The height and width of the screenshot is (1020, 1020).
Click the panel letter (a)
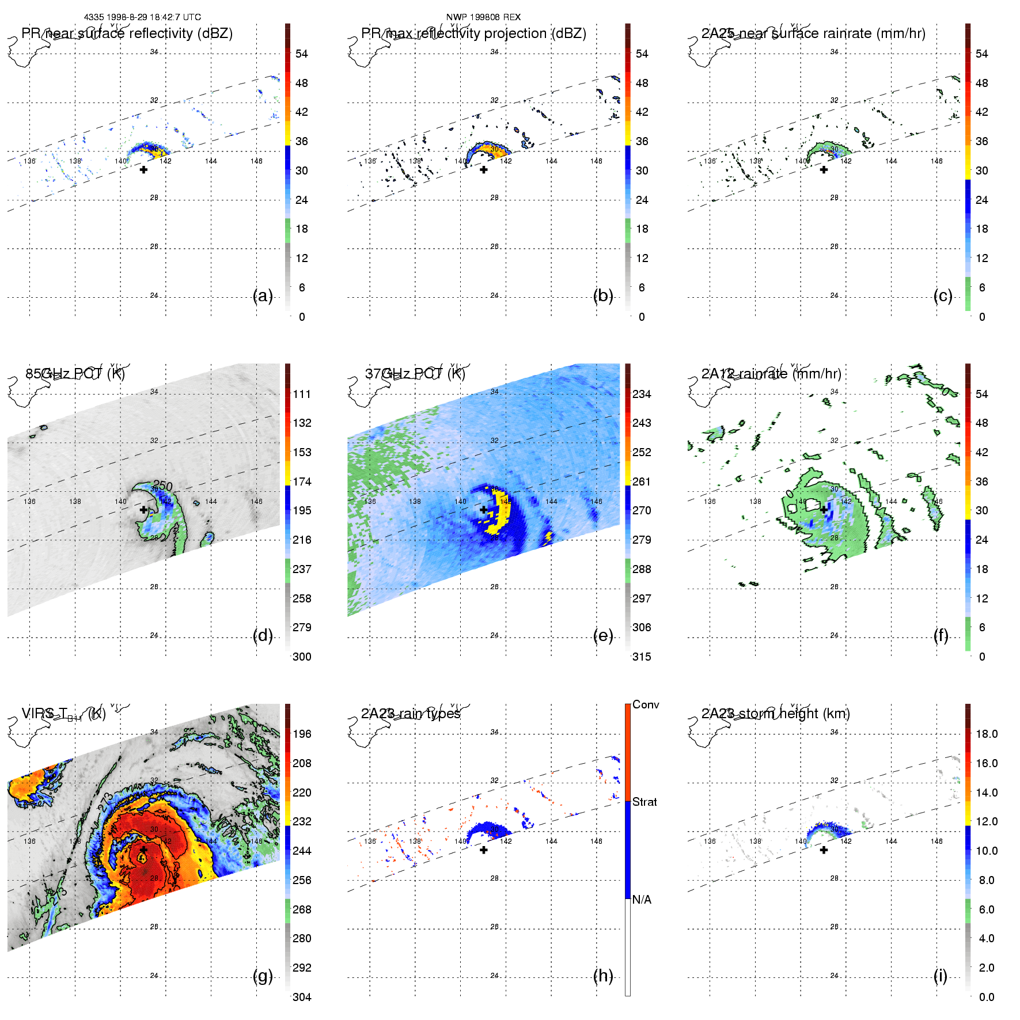coord(263,296)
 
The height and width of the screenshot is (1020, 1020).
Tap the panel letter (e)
coord(603,636)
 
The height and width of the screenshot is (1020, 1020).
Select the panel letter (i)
coord(941,976)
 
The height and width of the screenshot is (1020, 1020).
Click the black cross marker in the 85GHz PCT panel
coord(143,510)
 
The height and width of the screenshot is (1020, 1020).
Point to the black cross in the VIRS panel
coord(143,850)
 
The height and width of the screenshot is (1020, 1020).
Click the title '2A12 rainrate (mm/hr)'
coord(771,374)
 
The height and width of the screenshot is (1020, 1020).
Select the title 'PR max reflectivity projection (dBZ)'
coord(473,33)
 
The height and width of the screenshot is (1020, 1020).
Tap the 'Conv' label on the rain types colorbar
coord(646,704)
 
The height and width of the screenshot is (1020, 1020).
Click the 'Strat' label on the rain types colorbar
coord(644,802)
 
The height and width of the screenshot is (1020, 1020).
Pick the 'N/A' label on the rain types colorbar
coord(642,900)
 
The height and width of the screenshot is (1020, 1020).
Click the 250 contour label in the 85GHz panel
coord(163,486)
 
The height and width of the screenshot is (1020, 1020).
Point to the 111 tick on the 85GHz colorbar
coord(302,394)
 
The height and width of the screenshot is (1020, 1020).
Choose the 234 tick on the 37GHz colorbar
coord(642,394)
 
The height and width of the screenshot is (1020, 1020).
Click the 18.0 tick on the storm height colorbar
coord(987,734)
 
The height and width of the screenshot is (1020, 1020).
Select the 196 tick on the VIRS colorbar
coord(302,734)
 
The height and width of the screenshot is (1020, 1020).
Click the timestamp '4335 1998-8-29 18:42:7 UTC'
coord(142,17)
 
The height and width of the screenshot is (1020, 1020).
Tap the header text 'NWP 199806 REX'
coord(483,17)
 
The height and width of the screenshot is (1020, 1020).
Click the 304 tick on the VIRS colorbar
coord(302,997)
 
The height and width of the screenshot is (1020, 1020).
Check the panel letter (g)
coord(263,976)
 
